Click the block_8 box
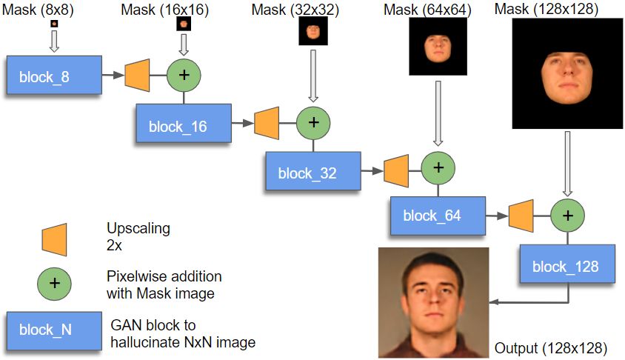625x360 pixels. [x=54, y=75]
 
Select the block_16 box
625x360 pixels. [x=184, y=123]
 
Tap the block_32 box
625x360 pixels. [x=313, y=170]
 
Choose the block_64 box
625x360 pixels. [x=438, y=216]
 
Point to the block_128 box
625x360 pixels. [x=567, y=264]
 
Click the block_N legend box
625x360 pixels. [x=54, y=331]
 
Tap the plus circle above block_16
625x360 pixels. [x=184, y=75]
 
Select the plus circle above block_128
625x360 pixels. [x=567, y=216]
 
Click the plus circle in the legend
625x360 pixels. [x=54, y=284]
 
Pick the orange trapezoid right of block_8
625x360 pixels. [x=137, y=75]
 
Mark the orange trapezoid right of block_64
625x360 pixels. [x=521, y=216]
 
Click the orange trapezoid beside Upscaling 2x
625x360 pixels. [x=54, y=239]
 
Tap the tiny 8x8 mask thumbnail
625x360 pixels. [x=54, y=24]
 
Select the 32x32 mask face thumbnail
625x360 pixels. [x=313, y=30]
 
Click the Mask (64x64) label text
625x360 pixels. [x=427, y=10]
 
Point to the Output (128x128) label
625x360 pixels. [x=551, y=348]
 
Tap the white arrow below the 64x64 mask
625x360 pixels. [x=438, y=113]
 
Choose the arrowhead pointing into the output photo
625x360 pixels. [x=494, y=301]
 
